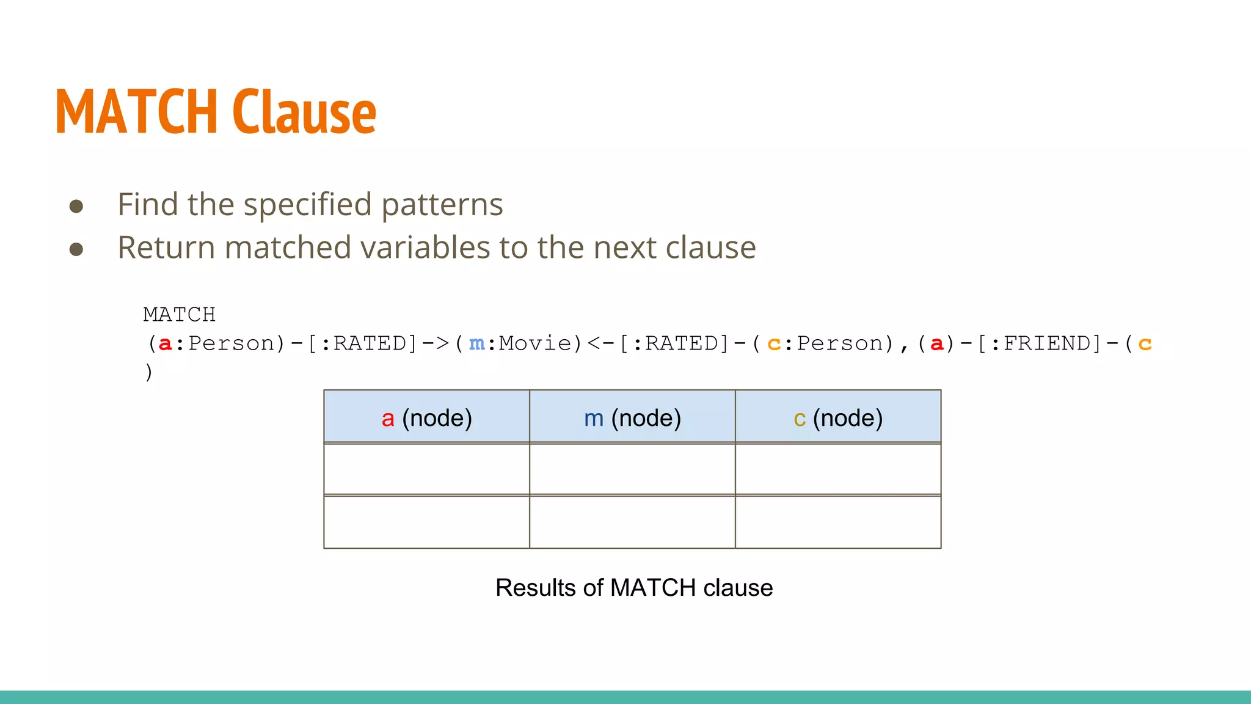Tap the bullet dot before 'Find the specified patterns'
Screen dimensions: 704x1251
76,206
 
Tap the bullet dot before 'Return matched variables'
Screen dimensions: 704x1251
76,249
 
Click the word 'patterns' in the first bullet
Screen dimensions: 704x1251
442,205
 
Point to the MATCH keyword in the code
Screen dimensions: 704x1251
179,315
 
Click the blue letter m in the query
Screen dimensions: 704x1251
476,344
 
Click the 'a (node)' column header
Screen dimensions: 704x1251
426,418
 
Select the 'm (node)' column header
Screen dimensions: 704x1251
632,418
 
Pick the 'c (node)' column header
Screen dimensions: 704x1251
838,418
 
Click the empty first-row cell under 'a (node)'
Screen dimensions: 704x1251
426,469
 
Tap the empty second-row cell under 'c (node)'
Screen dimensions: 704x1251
838,522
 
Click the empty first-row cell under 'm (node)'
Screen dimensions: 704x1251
632,469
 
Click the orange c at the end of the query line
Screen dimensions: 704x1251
1145,344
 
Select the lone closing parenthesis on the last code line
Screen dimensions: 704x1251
148,372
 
